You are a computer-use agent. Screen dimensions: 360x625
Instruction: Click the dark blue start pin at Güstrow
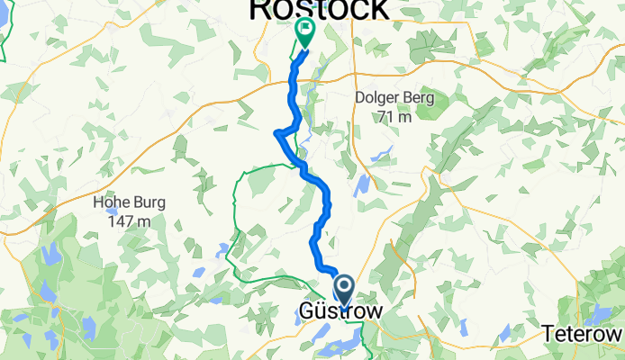tap(343, 290)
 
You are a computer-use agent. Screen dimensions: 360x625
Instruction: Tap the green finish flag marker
tap(304, 33)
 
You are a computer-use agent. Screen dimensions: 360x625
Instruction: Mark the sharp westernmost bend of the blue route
tap(276, 134)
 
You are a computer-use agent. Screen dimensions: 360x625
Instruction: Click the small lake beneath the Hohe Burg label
tap(221, 250)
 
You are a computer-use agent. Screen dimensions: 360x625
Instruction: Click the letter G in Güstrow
tap(305, 312)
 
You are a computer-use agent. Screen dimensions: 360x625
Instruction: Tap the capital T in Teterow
tap(548, 334)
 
